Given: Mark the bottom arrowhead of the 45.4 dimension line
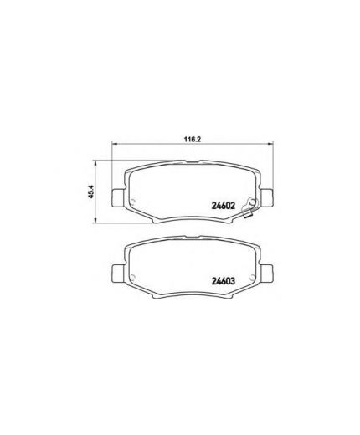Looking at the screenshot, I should coord(101,221).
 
